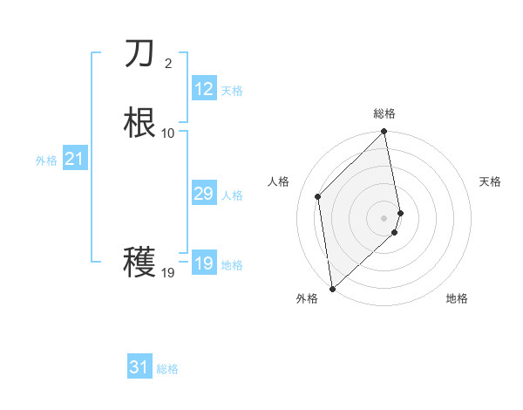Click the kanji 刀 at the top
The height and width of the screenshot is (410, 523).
pyautogui.click(x=139, y=54)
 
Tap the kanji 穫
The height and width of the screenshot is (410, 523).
pyautogui.click(x=139, y=262)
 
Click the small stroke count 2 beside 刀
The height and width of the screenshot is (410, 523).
pyautogui.click(x=168, y=63)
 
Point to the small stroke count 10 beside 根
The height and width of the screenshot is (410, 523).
pyautogui.click(x=168, y=133)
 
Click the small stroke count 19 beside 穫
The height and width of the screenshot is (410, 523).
pyautogui.click(x=168, y=273)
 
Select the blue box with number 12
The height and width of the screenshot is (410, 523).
pyautogui.click(x=204, y=89)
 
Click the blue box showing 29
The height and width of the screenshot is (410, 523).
pyautogui.click(x=204, y=194)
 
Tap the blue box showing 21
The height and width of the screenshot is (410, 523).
pyautogui.click(x=75, y=159)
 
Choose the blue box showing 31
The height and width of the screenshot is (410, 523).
pyautogui.click(x=139, y=367)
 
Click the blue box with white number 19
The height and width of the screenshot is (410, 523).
pyautogui.click(x=204, y=263)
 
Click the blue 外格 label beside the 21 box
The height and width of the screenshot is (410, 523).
pyautogui.click(x=46, y=161)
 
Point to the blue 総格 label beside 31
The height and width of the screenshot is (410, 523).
pyautogui.click(x=167, y=369)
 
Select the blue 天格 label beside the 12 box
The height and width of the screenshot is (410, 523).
pyautogui.click(x=232, y=91)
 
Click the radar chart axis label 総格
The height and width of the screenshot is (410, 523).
pyautogui.click(x=384, y=113)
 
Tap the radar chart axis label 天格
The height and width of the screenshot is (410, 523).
pyautogui.click(x=490, y=181)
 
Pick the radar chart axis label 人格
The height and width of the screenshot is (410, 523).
pyautogui.click(x=279, y=181)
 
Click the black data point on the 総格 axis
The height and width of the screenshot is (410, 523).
pyautogui.click(x=384, y=133)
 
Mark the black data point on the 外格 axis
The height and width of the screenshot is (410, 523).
pyautogui.click(x=332, y=288)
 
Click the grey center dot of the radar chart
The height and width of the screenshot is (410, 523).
pyautogui.click(x=384, y=217)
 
